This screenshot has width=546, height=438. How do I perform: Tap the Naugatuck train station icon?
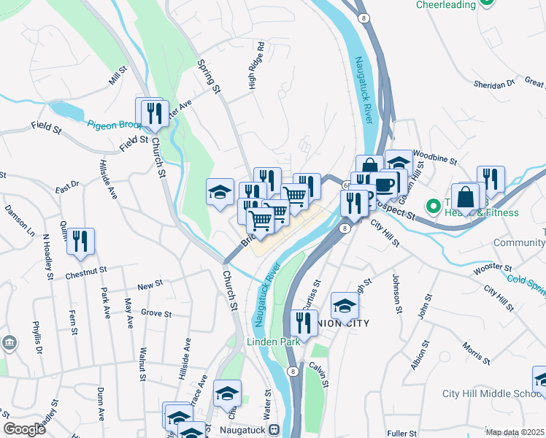[x=274, y=431]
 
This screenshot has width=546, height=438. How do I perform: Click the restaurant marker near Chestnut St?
[x=80, y=241]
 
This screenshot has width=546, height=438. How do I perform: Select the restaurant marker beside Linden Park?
[x=304, y=322]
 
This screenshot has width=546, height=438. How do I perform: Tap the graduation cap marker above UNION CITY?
[x=345, y=304]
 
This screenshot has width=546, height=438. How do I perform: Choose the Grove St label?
[x=155, y=314]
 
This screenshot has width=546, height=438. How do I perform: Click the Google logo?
[x=25, y=429]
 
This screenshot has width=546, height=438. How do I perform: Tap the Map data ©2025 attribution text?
[x=515, y=432]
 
